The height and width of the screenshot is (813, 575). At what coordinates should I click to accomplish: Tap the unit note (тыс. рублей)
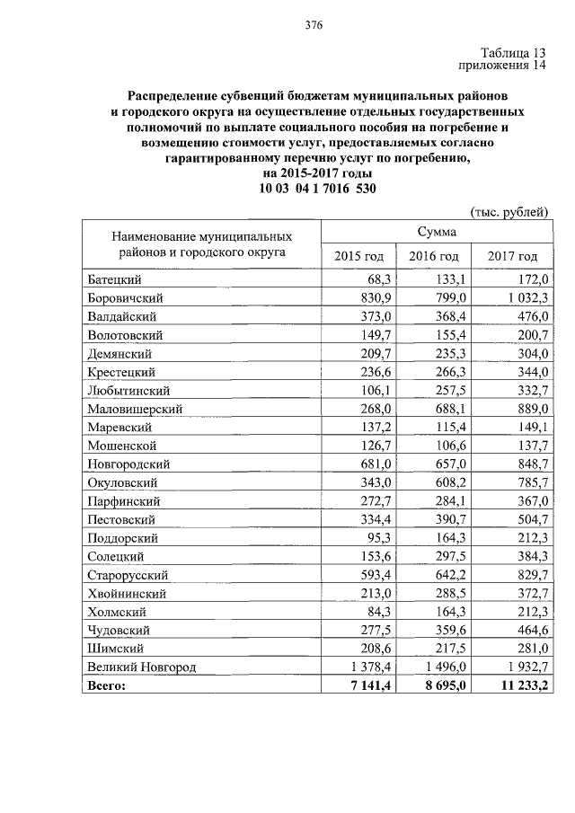pos(509,212)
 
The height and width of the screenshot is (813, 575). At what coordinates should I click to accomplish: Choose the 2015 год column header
pos(358,257)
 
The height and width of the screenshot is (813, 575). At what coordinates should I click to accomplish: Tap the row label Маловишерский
pos(136,409)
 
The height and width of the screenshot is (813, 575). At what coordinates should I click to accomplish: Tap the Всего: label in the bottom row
pos(108,685)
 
